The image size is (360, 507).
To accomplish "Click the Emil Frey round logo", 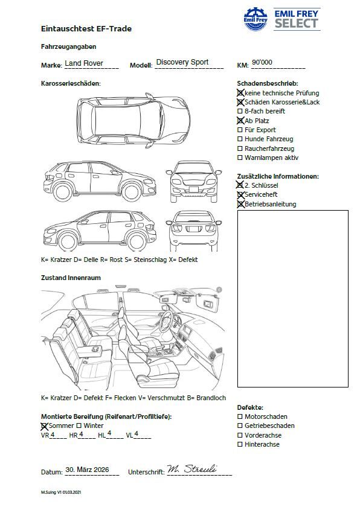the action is point(256,19).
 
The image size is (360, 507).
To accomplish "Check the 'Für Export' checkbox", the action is point(240,130).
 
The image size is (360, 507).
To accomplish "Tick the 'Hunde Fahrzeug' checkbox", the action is point(240,139).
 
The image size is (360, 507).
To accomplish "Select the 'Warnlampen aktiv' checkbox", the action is point(240,158).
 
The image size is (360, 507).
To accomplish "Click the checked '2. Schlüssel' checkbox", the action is point(240,185).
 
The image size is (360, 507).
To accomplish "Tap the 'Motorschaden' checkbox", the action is point(240,416).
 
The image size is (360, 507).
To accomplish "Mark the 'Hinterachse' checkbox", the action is point(240,444).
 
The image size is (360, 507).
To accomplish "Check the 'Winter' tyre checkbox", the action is point(79,426).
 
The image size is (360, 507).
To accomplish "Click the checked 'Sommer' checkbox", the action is point(44,427).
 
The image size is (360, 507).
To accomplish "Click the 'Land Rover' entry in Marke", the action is point(84,63).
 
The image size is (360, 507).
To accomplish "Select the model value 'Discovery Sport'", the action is point(182,62).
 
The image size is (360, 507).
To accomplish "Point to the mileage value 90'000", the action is point(262,62).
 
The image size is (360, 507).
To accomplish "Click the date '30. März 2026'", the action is point(87,470).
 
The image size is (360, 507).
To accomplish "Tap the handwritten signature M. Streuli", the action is point(192,469).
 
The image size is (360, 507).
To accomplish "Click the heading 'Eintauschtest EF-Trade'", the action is point(86,29).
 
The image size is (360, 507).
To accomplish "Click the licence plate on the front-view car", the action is point(193,190).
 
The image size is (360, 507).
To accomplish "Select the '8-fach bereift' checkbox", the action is point(240,111).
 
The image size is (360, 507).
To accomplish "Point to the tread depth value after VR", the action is point(53,435).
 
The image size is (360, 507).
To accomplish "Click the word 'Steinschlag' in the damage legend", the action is point(149,260).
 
